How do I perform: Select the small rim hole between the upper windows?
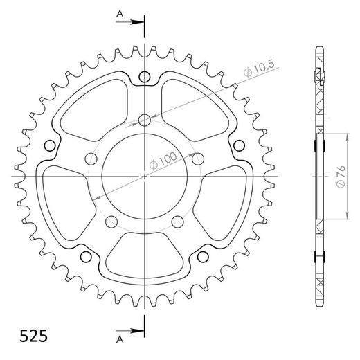(x=144, y=76)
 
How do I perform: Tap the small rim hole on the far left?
(x=49, y=145)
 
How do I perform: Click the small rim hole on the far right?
(x=239, y=145)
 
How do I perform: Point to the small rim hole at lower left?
(x=86, y=258)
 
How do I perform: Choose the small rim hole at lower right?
(x=203, y=258)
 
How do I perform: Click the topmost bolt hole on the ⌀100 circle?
(x=144, y=121)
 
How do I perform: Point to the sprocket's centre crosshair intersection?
(x=144, y=177)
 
